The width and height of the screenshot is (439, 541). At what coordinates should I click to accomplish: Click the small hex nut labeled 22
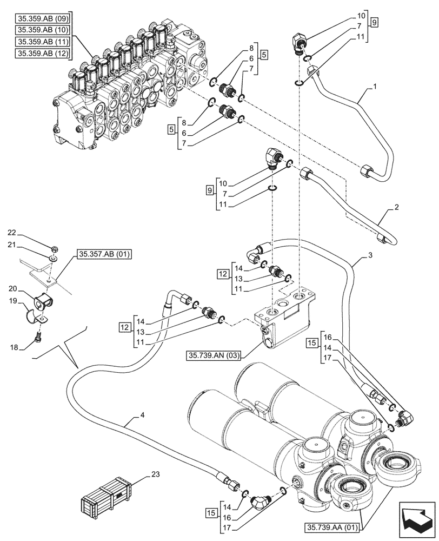click(x=55, y=249)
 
